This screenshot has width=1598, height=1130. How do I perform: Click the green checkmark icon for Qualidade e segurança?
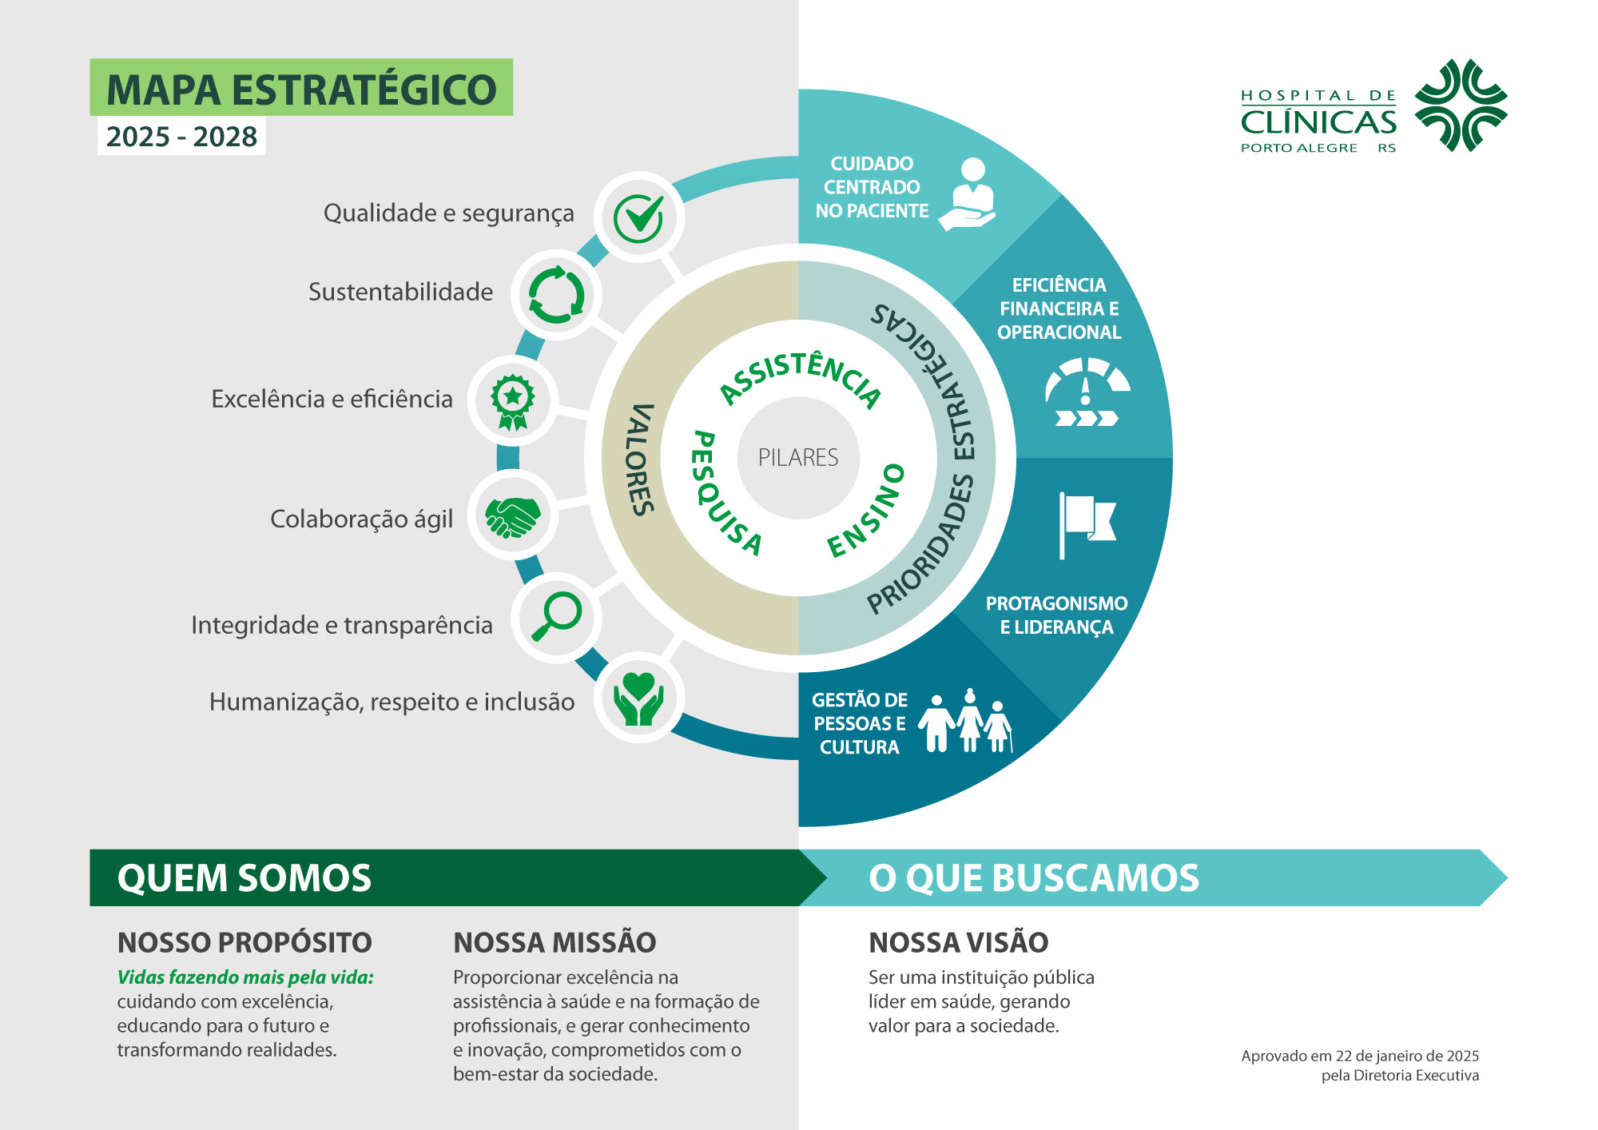[639, 217]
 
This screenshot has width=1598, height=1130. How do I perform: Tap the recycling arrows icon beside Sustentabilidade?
[557, 296]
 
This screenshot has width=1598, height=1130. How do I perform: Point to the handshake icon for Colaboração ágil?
[513, 517]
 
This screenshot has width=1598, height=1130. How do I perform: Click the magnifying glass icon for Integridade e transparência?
[557, 615]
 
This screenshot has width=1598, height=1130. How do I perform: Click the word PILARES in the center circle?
[798, 457]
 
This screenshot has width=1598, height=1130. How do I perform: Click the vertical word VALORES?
[641, 459]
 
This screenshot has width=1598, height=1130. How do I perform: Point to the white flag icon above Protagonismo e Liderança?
[1087, 524]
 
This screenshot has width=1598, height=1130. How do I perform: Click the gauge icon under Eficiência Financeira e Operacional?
[1087, 392]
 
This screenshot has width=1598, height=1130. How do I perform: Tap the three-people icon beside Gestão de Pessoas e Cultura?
[966, 721]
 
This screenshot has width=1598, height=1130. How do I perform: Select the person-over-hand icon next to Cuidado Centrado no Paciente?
[968, 194]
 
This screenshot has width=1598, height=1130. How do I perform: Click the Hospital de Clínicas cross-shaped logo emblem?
[1461, 105]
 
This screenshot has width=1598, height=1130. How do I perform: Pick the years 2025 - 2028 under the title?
[181, 137]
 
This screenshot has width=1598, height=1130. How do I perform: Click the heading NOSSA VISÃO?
[958, 942]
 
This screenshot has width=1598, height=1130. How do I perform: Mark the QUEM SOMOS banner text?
[244, 877]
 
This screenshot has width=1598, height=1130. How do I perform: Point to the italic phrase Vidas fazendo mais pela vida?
[245, 977]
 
